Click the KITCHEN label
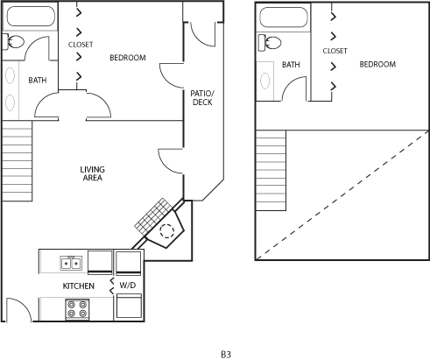coord(79,286)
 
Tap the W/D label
coord(128,285)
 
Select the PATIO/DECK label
coord(202,98)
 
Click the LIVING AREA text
coord(93,173)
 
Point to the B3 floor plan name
coord(226,355)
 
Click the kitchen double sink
coord(71,264)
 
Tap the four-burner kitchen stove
coord(77,309)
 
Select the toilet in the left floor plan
coord(13,42)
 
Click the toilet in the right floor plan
coord(270,43)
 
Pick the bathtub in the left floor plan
coord(31,16)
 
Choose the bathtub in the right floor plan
coord(284,18)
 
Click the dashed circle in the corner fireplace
coord(167,231)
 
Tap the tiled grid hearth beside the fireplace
coord(153,216)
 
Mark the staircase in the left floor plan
coord(17,161)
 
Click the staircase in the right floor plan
coord(271,171)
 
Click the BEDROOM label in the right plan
coord(377,64)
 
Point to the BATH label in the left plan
coord(38,80)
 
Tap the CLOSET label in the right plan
coord(335,51)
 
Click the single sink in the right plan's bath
coord(265,81)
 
